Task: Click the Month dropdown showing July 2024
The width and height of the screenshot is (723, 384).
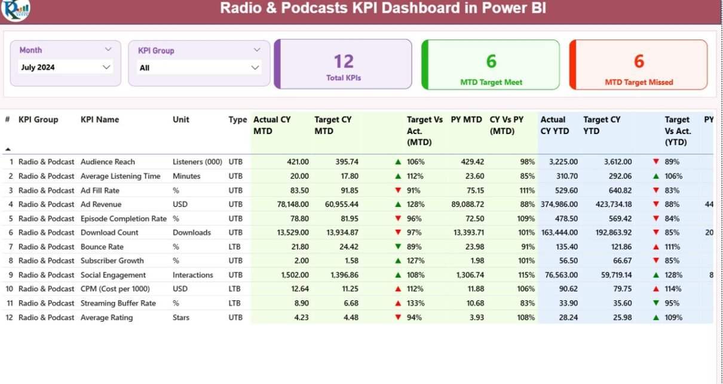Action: click(x=65, y=68)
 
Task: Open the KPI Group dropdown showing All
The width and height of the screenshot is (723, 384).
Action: click(x=200, y=68)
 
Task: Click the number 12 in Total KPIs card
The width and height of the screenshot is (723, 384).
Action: click(x=344, y=61)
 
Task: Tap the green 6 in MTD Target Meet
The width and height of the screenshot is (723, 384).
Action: click(x=491, y=61)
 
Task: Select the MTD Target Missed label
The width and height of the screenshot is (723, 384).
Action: click(x=639, y=83)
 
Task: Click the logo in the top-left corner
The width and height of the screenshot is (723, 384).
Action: click(x=16, y=9)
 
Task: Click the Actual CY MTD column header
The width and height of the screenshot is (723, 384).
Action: click(x=272, y=125)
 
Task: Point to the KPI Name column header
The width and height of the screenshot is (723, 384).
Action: click(x=100, y=120)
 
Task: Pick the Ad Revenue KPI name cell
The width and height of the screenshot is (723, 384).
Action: click(x=101, y=205)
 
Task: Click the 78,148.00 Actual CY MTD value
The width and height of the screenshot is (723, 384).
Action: click(x=289, y=205)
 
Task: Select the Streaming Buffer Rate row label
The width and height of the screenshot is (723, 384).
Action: click(x=118, y=303)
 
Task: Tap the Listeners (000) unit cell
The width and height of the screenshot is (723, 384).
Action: click(x=197, y=162)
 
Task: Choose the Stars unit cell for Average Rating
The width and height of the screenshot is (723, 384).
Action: click(x=182, y=318)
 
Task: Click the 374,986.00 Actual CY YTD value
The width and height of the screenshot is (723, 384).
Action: click(x=559, y=205)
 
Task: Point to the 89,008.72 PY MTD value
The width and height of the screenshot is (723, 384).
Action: click(x=468, y=205)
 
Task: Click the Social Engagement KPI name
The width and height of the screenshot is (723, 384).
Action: click(x=113, y=275)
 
